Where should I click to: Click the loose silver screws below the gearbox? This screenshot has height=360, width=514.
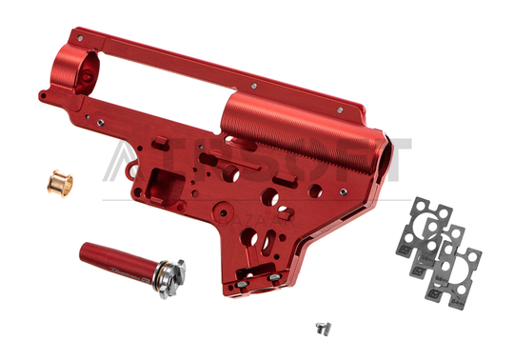(x=324, y=327)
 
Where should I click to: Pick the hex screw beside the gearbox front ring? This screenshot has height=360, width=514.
(x=43, y=94)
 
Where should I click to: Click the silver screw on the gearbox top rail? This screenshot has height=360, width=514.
(x=254, y=83)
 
